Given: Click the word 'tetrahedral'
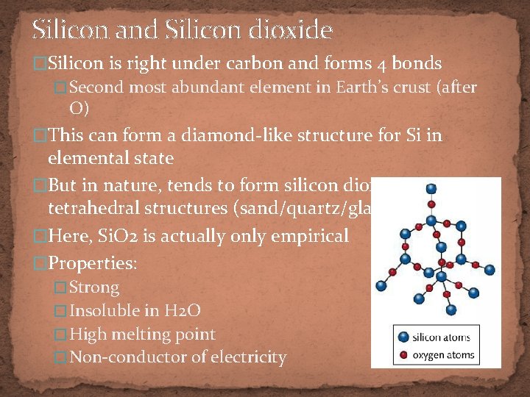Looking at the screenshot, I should point(94,209).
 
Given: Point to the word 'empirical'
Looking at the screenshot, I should point(311,237).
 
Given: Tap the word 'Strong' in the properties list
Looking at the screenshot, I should point(94,287).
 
